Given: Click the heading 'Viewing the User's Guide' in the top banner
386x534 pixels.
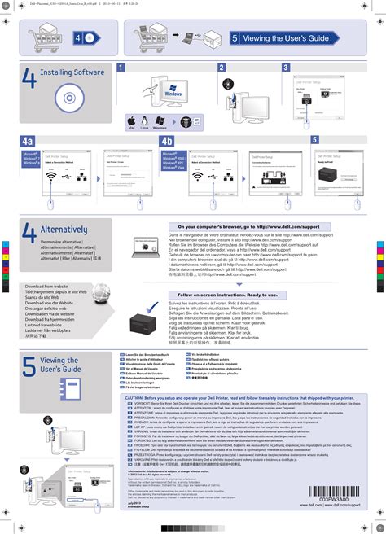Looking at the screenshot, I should point(290,38).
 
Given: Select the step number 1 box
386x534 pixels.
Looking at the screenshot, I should point(121,67).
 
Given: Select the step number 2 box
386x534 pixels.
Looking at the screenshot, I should point(221,67).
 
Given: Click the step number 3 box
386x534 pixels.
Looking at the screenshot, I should point(286,67).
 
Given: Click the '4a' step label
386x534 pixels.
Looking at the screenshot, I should point(28,141).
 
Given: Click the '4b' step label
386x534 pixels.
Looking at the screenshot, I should point(167,141).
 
